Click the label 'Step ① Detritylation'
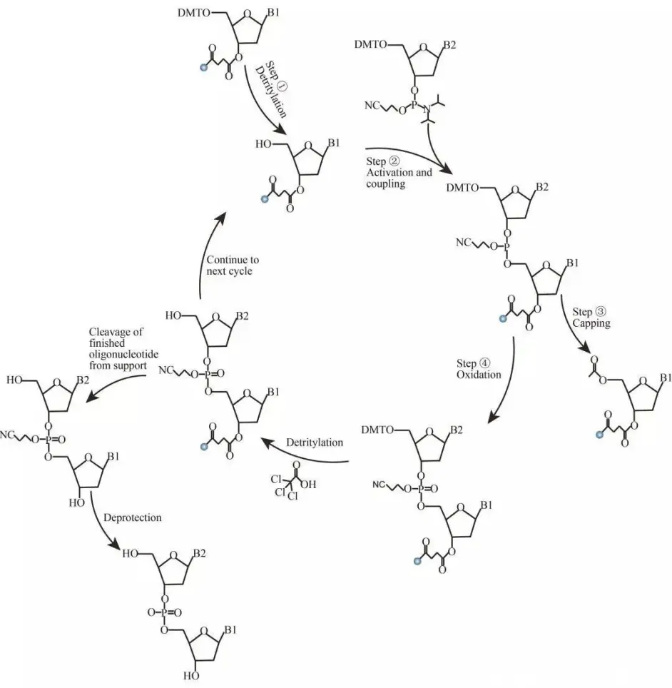point(272,89)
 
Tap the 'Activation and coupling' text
point(399,178)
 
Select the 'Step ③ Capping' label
point(591,318)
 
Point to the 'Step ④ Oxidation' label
point(478,369)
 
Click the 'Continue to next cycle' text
point(233,265)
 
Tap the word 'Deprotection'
point(133,517)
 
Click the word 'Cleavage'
point(116,332)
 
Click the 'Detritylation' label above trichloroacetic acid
point(315,442)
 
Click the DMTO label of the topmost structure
point(194,13)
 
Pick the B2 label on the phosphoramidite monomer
point(449,45)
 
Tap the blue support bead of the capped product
point(599,435)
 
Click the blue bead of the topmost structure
point(203,68)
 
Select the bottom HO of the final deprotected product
point(190,676)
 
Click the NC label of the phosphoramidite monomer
point(372,106)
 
